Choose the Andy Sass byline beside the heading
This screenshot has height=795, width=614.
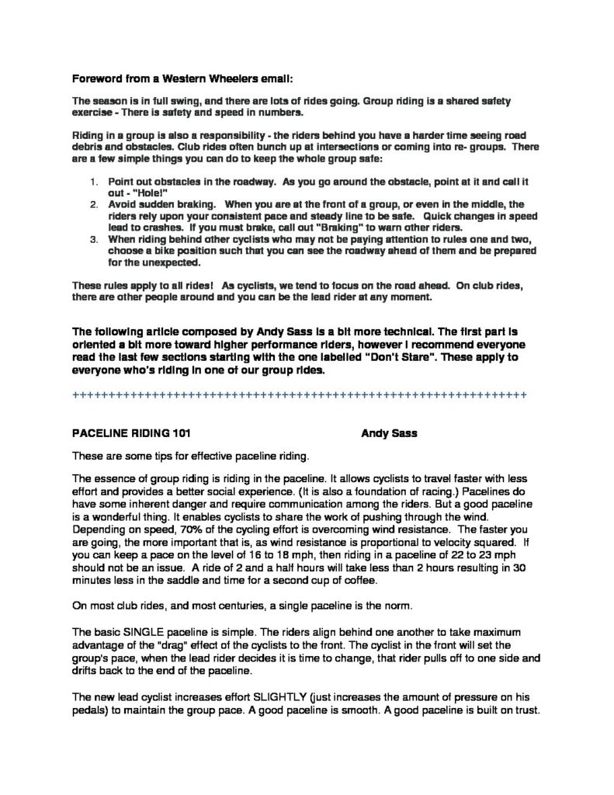point(390,434)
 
